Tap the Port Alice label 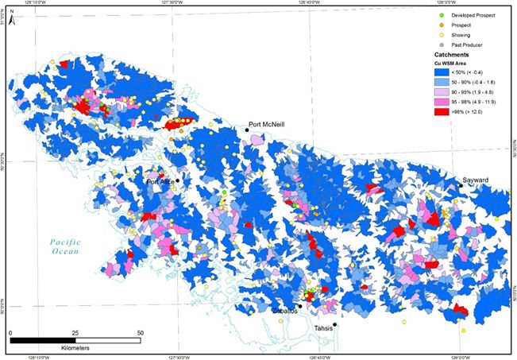point(160,182)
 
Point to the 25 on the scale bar point(75,332)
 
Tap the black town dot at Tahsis point(335,324)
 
